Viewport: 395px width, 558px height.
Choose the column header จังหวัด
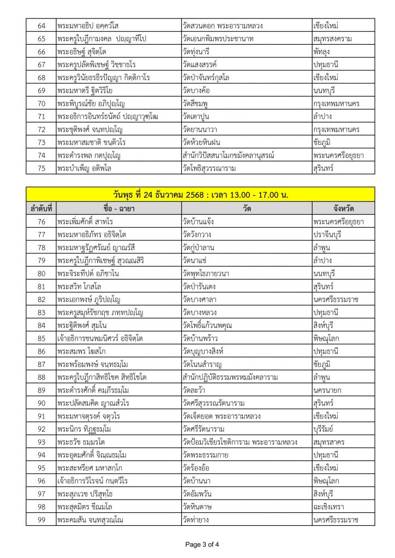pos(343,208)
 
